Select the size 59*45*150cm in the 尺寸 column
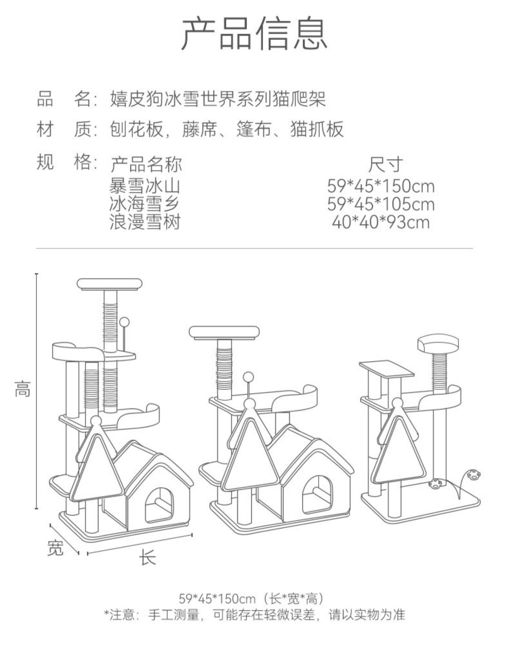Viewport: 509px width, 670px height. pyautogui.click(x=381, y=186)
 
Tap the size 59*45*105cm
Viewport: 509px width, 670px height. pyautogui.click(x=381, y=204)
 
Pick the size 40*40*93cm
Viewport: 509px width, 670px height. pyautogui.click(x=381, y=223)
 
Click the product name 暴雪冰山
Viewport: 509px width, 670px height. pyautogui.click(x=145, y=186)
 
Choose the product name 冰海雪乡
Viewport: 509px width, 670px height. pyautogui.click(x=145, y=204)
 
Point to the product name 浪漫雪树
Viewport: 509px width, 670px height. pyautogui.click(x=145, y=223)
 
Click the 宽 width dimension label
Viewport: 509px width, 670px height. pyautogui.click(x=55, y=548)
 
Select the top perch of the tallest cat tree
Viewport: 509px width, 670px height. pyautogui.click(x=110, y=284)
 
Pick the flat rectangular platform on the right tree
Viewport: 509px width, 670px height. pyautogui.click(x=387, y=369)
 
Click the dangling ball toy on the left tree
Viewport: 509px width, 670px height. pyautogui.click(x=125, y=321)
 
